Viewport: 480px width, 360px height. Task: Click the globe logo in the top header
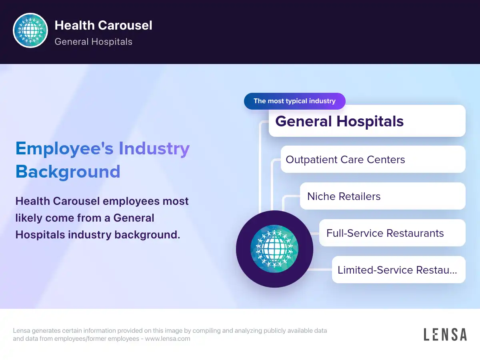click(x=30, y=30)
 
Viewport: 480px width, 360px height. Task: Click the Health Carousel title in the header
click(x=103, y=25)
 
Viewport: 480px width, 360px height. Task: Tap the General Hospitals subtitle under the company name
click(x=93, y=42)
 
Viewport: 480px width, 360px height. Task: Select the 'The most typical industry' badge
click(x=294, y=101)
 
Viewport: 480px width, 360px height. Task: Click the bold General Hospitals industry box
click(x=367, y=121)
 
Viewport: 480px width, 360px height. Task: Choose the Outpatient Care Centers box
click(x=373, y=159)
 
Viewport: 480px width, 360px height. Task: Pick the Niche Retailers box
click(x=382, y=196)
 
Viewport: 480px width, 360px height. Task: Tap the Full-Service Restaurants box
click(x=392, y=233)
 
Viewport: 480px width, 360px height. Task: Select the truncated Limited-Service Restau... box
click(x=398, y=270)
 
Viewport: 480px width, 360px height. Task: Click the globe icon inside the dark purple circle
click(x=274, y=249)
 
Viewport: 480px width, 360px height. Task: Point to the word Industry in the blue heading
click(x=154, y=149)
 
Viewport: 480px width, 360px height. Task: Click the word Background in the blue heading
click(x=68, y=172)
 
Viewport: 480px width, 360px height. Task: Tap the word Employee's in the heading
click(x=64, y=149)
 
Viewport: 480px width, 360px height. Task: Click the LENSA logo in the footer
click(x=445, y=334)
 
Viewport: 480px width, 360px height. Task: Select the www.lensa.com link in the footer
click(x=168, y=338)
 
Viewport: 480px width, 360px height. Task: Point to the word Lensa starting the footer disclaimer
click(x=22, y=330)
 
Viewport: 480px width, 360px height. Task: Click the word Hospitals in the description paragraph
click(x=40, y=235)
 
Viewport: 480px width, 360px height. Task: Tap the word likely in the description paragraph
click(x=29, y=218)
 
